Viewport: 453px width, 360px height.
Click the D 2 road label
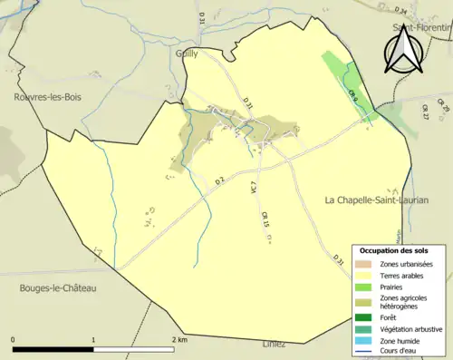click(219, 181)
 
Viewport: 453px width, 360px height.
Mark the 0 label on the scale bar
click(14, 339)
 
